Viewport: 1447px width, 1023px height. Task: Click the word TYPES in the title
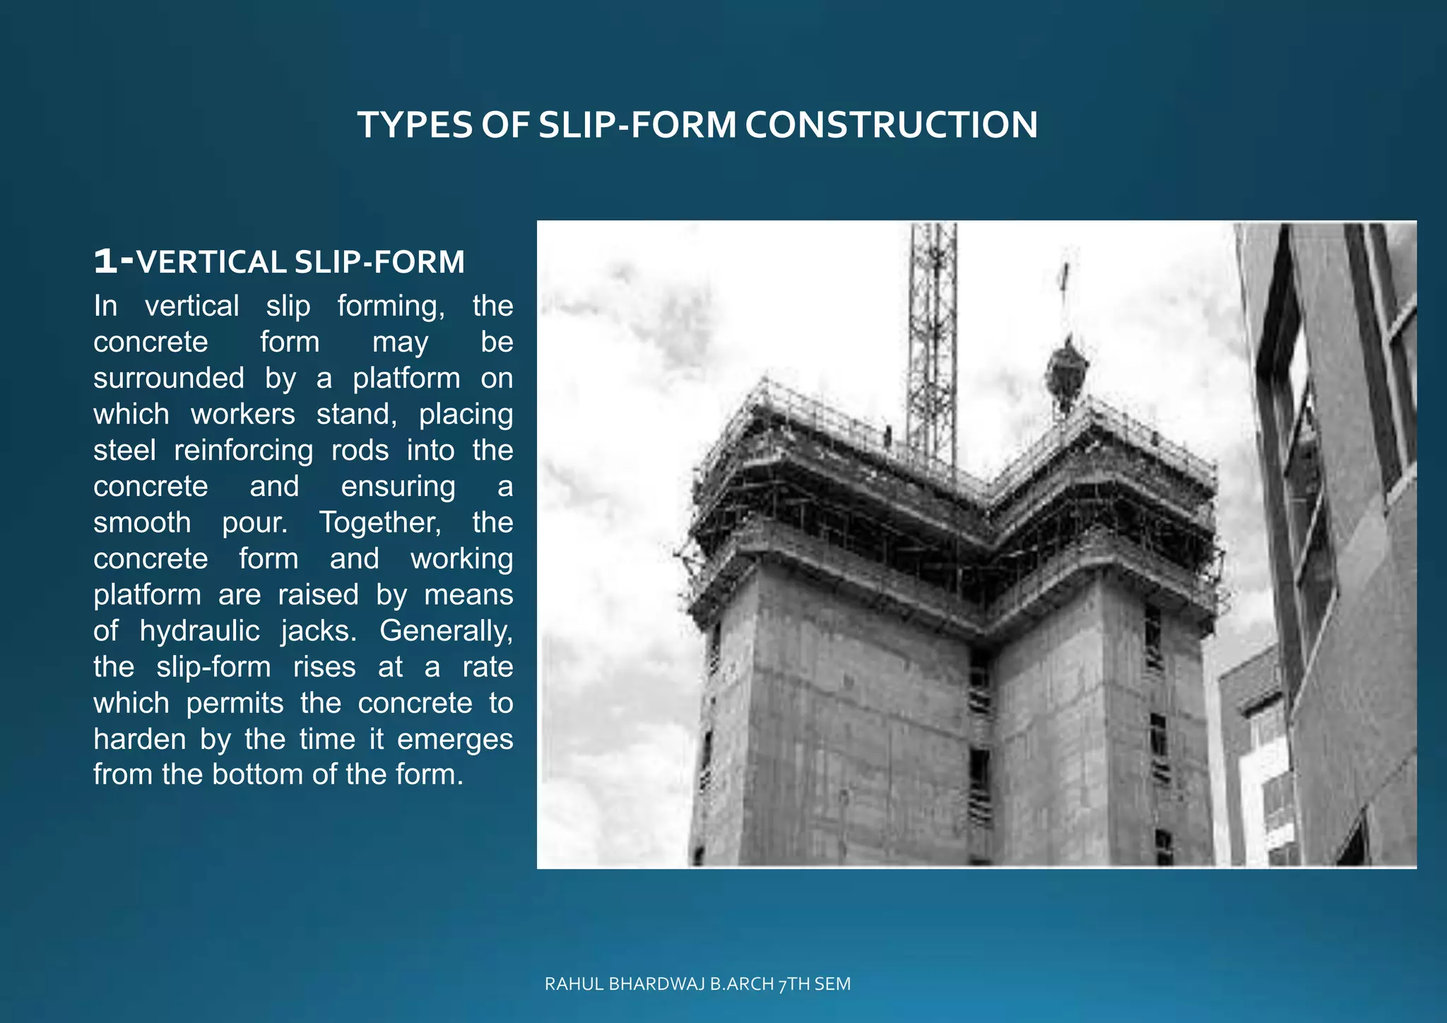click(415, 125)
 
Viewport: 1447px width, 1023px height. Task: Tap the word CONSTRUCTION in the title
click(891, 125)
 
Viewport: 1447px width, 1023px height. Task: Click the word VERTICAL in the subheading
click(211, 262)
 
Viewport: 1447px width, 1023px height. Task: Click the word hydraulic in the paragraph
click(200, 631)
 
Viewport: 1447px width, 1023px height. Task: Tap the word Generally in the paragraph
click(446, 631)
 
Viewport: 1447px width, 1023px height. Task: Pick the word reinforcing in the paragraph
click(243, 451)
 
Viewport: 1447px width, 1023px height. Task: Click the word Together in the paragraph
click(380, 523)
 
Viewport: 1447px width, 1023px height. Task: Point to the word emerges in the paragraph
click(455, 739)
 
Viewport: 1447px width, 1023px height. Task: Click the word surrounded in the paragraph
click(169, 379)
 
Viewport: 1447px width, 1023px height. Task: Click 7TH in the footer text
click(793, 984)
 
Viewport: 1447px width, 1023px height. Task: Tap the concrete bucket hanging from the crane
click(1066, 371)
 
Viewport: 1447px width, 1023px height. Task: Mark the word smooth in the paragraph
click(142, 523)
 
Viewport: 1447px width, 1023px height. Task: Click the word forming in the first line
click(391, 307)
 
